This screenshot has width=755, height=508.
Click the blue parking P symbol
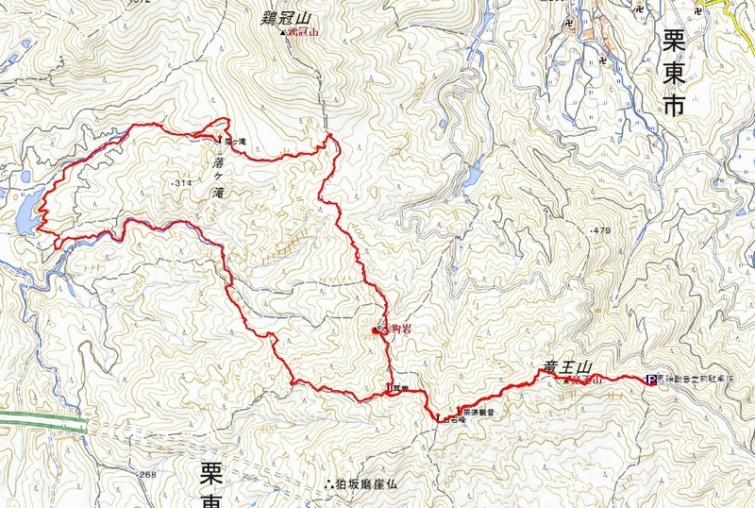[651, 380]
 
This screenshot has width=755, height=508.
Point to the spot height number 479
[600, 230]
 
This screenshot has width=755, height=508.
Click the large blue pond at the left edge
[25, 211]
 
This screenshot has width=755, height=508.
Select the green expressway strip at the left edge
[38, 419]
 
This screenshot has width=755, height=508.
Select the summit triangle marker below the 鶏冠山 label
[284, 32]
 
